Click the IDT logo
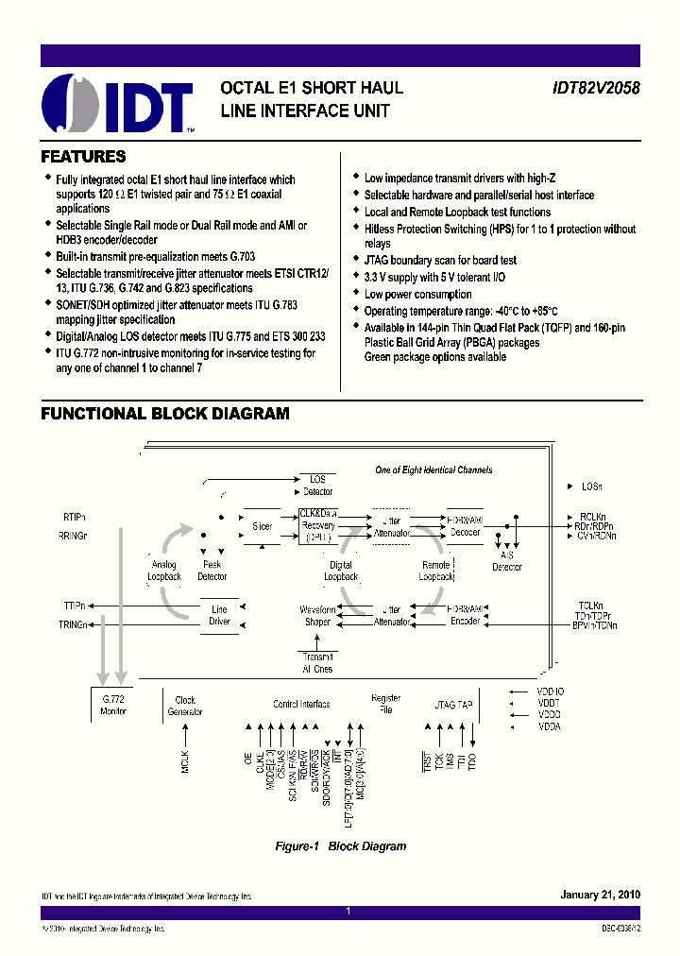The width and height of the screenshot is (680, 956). (118, 102)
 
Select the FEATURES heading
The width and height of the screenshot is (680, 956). (84, 157)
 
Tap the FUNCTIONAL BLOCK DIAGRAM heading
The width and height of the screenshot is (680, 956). (165, 414)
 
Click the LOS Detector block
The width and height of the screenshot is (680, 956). (317, 486)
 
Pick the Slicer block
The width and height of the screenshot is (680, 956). (262, 526)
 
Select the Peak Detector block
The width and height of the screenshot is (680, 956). (212, 571)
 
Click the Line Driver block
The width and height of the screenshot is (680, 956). (219, 615)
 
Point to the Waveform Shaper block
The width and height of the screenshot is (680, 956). (317, 615)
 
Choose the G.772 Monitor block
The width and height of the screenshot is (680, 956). (113, 705)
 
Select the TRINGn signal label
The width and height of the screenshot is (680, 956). (73, 625)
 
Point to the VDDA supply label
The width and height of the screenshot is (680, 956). (550, 727)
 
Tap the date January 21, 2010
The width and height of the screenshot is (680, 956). (600, 895)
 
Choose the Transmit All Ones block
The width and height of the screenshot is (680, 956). (317, 663)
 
